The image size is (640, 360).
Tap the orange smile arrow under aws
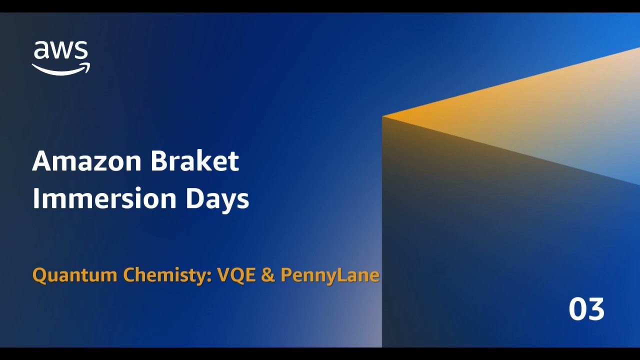[x=61, y=70]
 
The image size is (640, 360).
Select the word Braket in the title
[x=194, y=161]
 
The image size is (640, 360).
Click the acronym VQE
[x=236, y=275]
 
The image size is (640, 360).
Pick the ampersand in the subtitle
[x=268, y=275]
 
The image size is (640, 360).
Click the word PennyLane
[x=329, y=275]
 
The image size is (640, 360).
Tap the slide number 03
[x=586, y=309]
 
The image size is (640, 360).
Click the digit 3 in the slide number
[x=596, y=309]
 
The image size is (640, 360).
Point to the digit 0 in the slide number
[x=577, y=309]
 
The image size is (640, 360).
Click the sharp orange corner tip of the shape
[x=383, y=117]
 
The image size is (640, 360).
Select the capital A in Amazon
[x=41, y=161]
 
